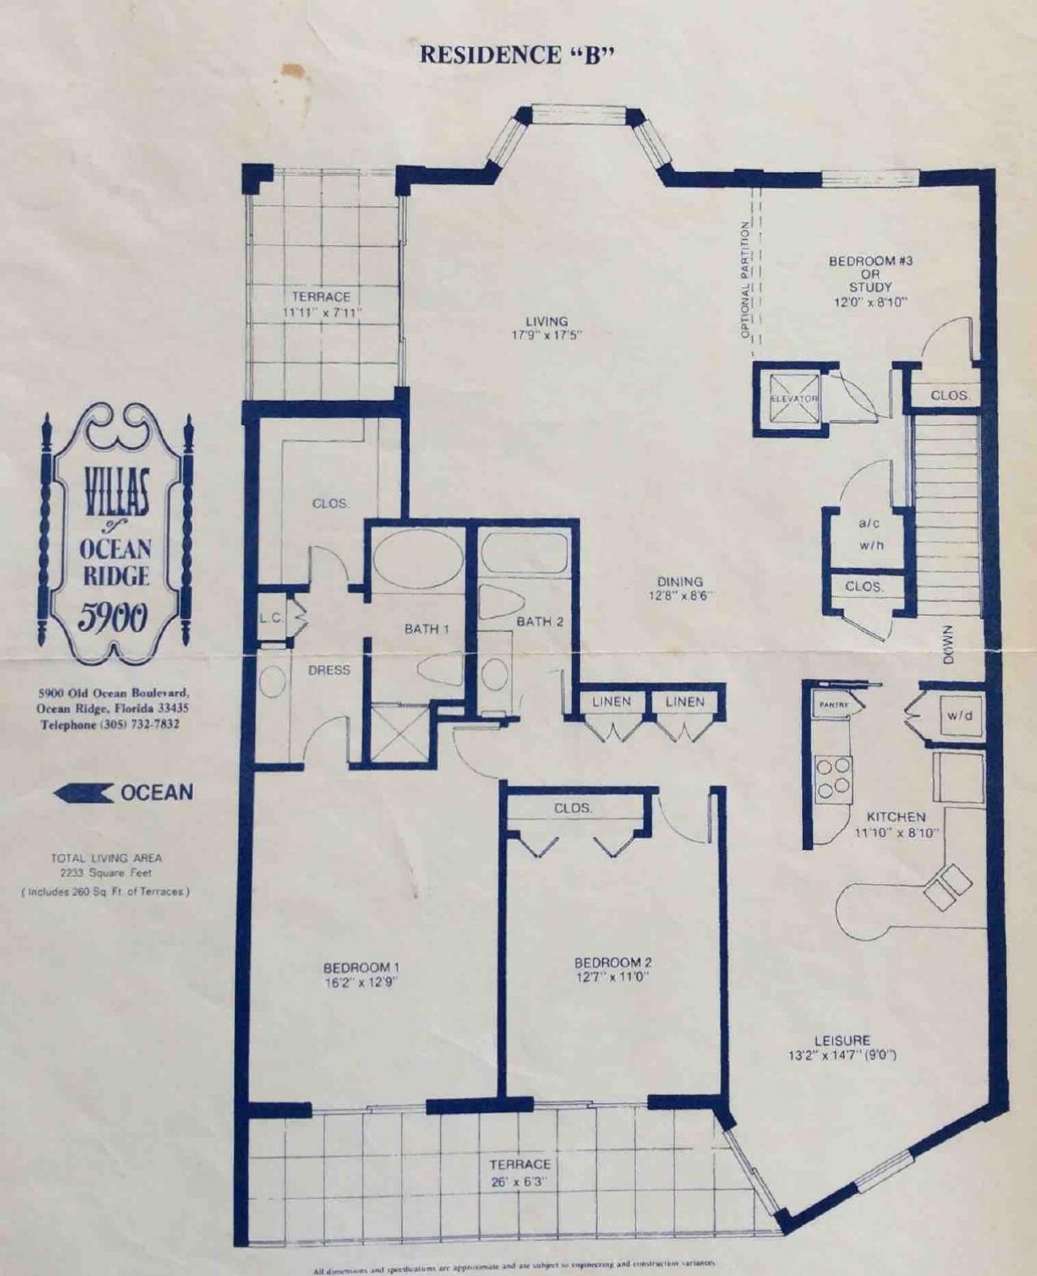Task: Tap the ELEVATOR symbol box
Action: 794,399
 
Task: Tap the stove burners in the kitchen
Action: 834,775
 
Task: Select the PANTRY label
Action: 833,705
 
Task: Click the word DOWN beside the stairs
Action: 950,645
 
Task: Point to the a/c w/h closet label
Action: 871,535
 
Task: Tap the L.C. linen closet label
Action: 271,618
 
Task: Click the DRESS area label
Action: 329,670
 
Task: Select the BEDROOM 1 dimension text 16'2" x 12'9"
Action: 361,981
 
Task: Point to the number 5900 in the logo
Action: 113,618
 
